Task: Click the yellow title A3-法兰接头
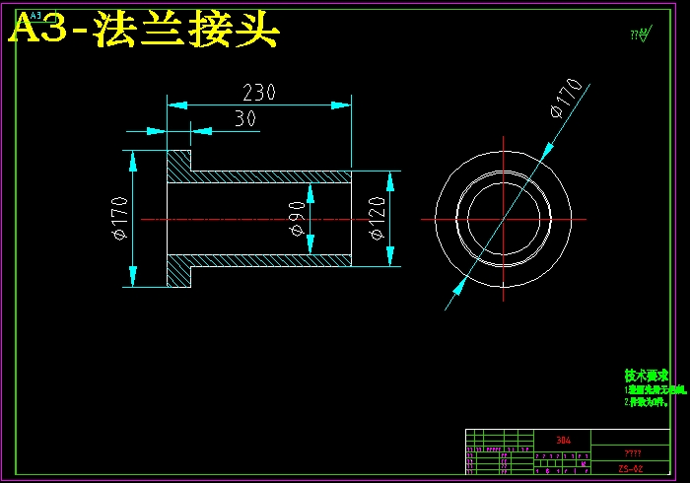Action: pos(144,33)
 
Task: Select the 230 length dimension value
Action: pos(258,93)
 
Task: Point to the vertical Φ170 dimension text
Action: pos(119,219)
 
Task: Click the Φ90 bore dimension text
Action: pos(297,219)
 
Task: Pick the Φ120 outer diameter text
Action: pos(377,219)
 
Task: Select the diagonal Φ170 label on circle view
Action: pos(567,99)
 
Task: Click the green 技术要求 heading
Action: pos(647,376)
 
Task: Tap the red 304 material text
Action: pos(563,441)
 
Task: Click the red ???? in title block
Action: pos(632,452)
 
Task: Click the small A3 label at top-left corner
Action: pos(36,17)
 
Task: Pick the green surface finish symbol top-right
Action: pos(642,35)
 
